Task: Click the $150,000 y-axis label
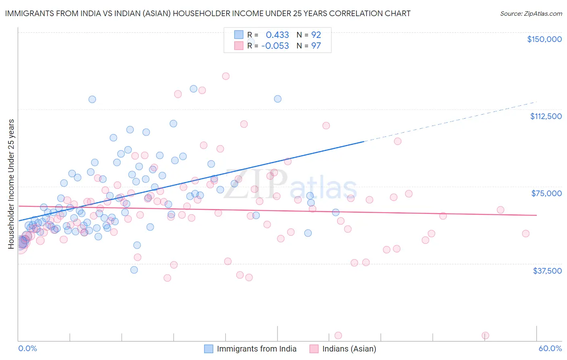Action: pyautogui.click(x=544, y=39)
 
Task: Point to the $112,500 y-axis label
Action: pyautogui.click(x=546, y=116)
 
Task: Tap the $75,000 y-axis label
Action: pyautogui.click(x=546, y=193)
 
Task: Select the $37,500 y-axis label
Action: pyautogui.click(x=547, y=271)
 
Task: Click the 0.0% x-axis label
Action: pyautogui.click(x=27, y=348)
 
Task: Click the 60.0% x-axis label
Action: pyautogui.click(x=550, y=348)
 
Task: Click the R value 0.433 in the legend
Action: pyautogui.click(x=277, y=35)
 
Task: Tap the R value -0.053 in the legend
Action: pyautogui.click(x=275, y=46)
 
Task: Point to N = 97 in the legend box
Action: pyautogui.click(x=309, y=46)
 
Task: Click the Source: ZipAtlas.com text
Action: pyautogui.click(x=531, y=13)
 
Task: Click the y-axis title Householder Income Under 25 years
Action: pyautogui.click(x=11, y=184)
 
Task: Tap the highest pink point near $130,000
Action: pyautogui.click(x=226, y=76)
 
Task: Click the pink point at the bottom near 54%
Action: pyautogui.click(x=486, y=335)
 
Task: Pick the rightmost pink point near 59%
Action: pyautogui.click(x=525, y=233)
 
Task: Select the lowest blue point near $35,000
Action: pyautogui.click(x=134, y=270)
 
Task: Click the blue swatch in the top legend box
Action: pyautogui.click(x=239, y=35)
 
